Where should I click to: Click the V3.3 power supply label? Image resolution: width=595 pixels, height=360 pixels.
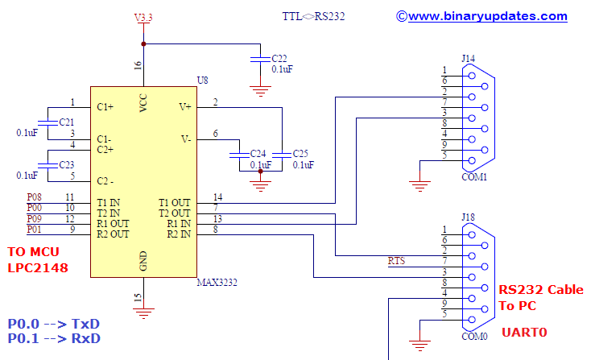(143, 17)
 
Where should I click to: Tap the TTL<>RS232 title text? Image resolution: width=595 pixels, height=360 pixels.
(313, 16)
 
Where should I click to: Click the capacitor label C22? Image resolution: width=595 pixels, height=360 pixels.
(279, 59)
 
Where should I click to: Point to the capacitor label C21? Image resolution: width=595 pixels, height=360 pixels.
(67, 122)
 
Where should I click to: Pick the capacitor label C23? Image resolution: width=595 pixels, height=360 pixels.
(67, 164)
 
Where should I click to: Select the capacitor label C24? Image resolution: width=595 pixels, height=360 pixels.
(258, 153)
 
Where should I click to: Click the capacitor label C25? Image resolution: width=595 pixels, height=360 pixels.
(300, 153)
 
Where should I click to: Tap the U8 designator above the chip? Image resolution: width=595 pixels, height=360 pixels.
(202, 80)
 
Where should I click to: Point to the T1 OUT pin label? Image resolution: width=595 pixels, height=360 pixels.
(174, 202)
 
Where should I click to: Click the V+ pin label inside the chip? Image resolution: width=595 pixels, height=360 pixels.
(184, 106)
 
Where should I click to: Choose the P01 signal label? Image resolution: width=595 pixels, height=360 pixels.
(34, 230)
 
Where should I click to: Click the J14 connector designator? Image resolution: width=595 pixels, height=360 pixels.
(468, 58)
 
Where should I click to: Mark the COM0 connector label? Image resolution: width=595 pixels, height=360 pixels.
(473, 336)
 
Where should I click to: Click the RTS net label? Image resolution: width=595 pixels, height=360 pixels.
(396, 261)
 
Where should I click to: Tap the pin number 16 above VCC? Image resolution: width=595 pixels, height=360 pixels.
(137, 64)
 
